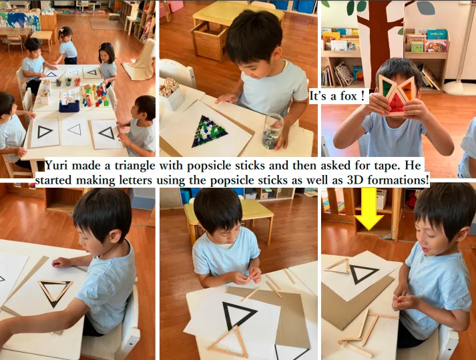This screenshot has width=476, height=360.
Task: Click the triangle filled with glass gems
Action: tap(210, 131)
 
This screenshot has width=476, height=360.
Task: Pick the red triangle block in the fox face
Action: tap(397, 104)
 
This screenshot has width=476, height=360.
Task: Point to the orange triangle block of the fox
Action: tap(408, 88)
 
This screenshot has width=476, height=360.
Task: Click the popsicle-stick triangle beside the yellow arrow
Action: tap(338, 266)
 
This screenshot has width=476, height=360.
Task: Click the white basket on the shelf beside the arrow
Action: tap(381, 199)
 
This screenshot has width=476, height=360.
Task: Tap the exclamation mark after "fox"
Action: tap(363, 96)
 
